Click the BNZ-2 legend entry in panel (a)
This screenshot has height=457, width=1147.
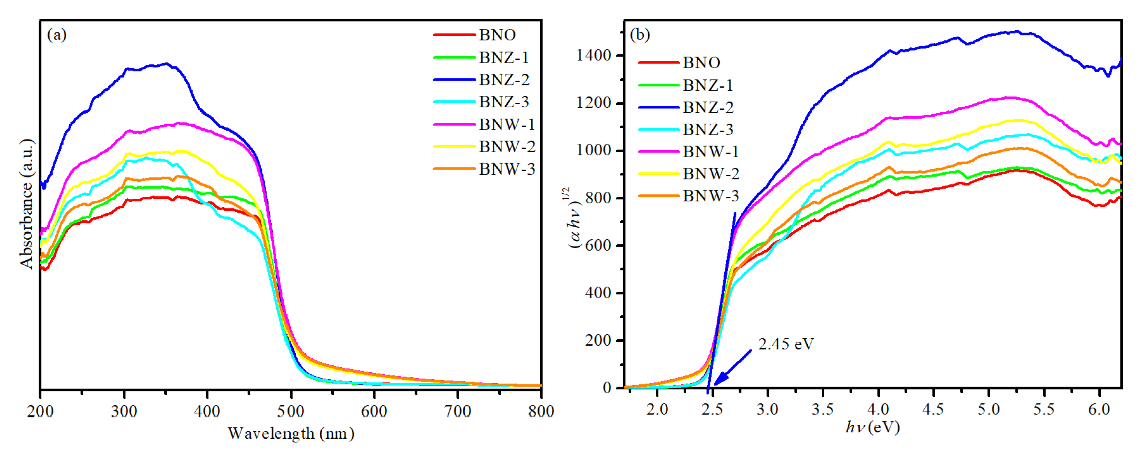pos(504,80)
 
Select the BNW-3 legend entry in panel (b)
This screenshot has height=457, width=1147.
pos(711,196)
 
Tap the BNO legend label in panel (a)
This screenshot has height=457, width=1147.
pos(497,35)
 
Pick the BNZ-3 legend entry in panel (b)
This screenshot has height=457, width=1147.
pos(708,130)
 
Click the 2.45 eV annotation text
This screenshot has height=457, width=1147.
pos(786,344)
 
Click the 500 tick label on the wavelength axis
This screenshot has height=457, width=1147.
pos(291,411)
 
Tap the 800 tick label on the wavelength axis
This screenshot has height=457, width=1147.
pos(541,411)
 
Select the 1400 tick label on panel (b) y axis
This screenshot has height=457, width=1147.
pos(593,56)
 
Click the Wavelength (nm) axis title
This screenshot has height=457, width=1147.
pos(291,433)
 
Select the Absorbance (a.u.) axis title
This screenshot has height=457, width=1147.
pos(27,203)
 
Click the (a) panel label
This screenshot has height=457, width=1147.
pos(57,35)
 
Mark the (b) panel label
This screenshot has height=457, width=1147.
pos(640,35)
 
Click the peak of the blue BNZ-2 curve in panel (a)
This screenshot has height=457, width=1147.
pos(166,63)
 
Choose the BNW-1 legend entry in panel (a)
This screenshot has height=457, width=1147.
pos(507,125)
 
